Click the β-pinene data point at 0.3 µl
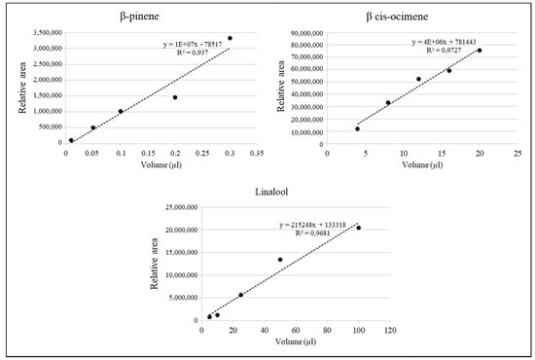[230, 38]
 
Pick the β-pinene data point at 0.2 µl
[175, 97]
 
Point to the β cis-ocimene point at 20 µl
[480, 51]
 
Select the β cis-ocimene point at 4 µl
[358, 128]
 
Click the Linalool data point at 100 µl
[359, 228]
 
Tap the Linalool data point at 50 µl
[280, 260]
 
